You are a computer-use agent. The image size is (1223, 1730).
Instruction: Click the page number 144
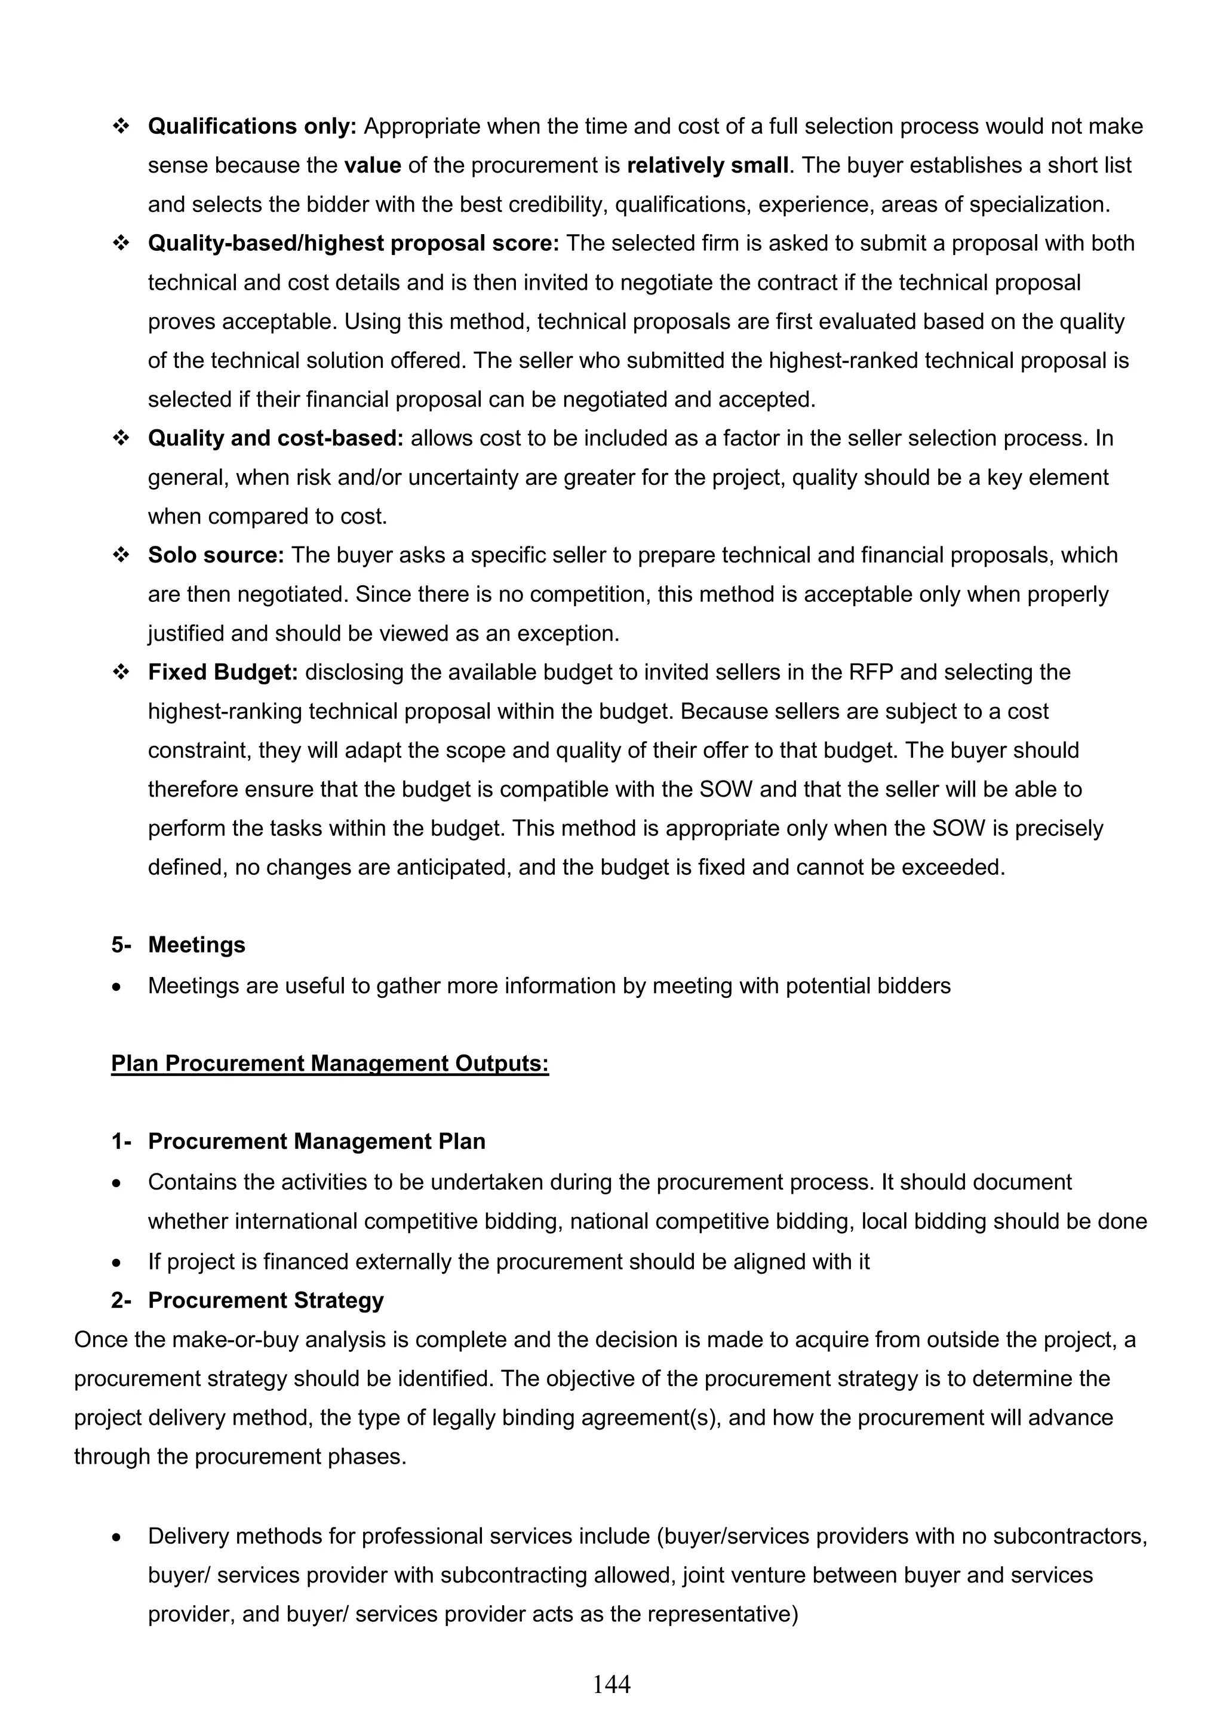(611, 1683)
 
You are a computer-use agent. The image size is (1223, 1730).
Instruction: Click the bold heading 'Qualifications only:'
(251, 126)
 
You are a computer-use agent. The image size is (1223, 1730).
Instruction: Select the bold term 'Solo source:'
(216, 555)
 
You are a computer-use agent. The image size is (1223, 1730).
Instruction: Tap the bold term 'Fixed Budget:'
(223, 671)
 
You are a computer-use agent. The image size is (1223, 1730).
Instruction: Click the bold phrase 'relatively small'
(707, 165)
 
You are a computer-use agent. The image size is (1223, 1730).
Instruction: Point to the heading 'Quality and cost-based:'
(276, 438)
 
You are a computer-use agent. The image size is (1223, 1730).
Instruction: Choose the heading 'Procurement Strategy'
(265, 1300)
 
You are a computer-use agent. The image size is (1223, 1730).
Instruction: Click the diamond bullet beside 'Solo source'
(121, 555)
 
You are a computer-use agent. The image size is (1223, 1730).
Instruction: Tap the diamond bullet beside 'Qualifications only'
(121, 127)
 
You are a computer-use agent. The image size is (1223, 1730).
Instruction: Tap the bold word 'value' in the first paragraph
(372, 165)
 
